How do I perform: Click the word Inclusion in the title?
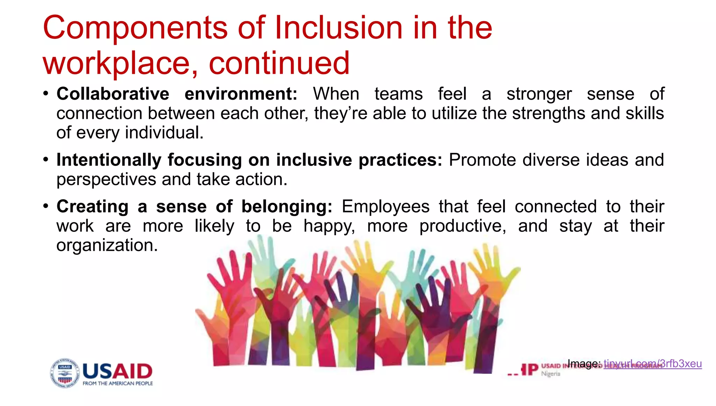click(338, 28)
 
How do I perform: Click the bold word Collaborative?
click(113, 94)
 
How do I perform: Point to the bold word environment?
click(241, 94)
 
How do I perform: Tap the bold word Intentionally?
click(109, 160)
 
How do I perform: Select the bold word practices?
click(400, 160)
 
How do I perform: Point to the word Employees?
click(385, 207)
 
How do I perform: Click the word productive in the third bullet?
click(463, 226)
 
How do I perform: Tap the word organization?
click(107, 245)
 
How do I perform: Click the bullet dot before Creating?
click(46, 206)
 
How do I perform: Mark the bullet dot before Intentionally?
click(46, 159)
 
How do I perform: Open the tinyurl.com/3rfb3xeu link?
click(652, 364)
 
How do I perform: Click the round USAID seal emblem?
click(65, 373)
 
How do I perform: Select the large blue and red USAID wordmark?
click(117, 371)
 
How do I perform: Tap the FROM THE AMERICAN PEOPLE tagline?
click(117, 384)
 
